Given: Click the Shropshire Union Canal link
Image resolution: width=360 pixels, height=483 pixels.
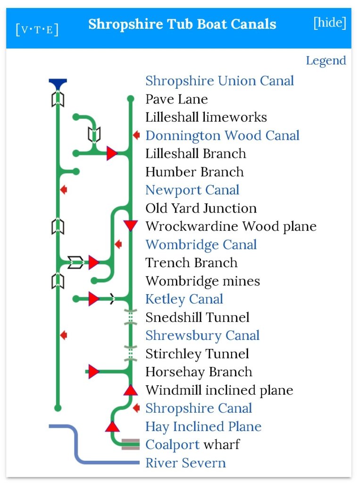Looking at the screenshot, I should (x=219, y=81).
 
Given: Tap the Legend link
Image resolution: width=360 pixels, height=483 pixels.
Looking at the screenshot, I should (x=326, y=61).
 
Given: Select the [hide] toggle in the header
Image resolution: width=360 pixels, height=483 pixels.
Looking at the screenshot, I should (x=330, y=23).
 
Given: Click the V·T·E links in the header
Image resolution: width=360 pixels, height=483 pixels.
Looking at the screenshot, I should (x=37, y=29).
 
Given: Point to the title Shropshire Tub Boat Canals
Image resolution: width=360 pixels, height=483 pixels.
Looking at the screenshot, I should (x=182, y=24).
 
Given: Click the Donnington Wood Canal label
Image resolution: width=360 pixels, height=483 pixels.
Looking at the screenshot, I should (x=222, y=136).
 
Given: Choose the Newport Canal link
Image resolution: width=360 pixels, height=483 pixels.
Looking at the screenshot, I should (x=192, y=190).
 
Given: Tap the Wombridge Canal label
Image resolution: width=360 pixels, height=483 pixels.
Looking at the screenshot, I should (x=201, y=245).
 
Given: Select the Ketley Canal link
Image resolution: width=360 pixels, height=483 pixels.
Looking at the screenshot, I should (x=184, y=299).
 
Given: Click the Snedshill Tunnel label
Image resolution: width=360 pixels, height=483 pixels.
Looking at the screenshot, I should (x=197, y=317).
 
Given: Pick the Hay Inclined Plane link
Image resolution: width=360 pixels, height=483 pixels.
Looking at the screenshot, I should (x=203, y=427).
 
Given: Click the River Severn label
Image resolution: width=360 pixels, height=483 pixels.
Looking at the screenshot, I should (x=185, y=463).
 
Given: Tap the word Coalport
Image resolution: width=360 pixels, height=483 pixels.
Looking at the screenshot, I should (x=172, y=445).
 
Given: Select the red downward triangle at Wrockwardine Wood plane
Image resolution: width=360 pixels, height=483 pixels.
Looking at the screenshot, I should (x=130, y=225).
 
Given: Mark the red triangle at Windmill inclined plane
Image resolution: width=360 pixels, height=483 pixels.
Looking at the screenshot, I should (x=130, y=390).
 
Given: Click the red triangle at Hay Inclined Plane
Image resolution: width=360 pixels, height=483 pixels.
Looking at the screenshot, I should (x=112, y=427).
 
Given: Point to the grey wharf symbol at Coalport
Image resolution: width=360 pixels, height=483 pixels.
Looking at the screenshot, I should (x=130, y=444).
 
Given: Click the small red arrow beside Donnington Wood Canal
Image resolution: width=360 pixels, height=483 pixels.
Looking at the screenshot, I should (x=136, y=136).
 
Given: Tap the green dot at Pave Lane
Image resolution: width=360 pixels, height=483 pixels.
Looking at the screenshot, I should (x=130, y=99).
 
